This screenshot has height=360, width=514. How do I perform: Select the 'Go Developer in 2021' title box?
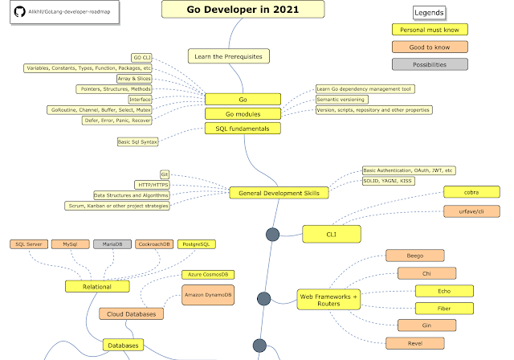tap(232, 9)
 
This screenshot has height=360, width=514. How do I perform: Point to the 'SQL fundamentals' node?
tap(243, 128)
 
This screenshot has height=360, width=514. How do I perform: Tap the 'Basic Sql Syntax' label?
tap(138, 142)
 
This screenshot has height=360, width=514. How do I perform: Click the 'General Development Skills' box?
tap(279, 193)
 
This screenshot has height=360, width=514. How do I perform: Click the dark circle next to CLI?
tap(272, 235)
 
